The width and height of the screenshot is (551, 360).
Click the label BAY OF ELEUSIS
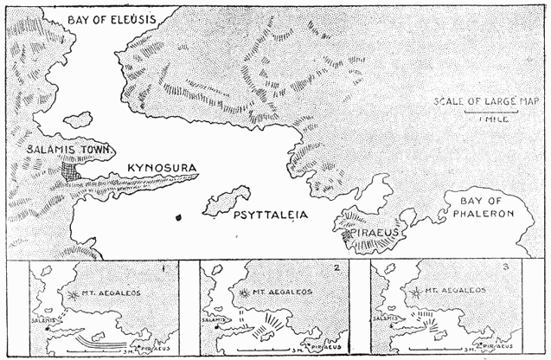click(112, 15)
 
